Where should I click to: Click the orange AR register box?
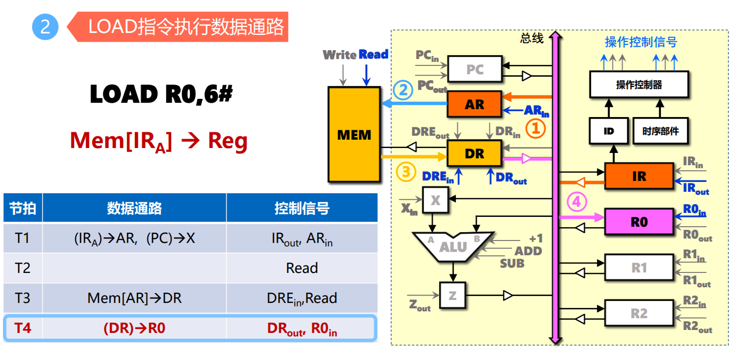pyautogui.click(x=474, y=104)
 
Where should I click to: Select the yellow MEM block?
pyautogui.click(x=354, y=134)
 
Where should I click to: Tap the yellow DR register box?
pyautogui.click(x=474, y=153)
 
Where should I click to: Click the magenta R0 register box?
pyautogui.click(x=639, y=222)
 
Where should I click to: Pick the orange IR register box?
pyautogui.click(x=639, y=176)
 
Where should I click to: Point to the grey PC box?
pyautogui.click(x=474, y=69)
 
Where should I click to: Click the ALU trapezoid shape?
pyautogui.click(x=453, y=246)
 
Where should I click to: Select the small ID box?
pyautogui.click(x=609, y=131)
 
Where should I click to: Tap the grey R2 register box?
pyautogui.click(x=639, y=313)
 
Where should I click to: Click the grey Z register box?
pyautogui.click(x=452, y=295)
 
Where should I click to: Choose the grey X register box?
pyautogui.click(x=435, y=200)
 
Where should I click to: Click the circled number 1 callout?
pyautogui.click(x=535, y=129)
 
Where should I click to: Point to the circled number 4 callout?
pyautogui.click(x=577, y=202)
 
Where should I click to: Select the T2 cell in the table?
pyautogui.click(x=23, y=268)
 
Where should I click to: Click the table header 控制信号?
pyautogui.click(x=301, y=208)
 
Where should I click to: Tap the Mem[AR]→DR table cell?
pyautogui.click(x=134, y=298)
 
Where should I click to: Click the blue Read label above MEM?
pyautogui.click(x=373, y=55)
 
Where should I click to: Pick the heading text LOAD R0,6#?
pyautogui.click(x=160, y=94)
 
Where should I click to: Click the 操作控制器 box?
pyautogui.click(x=639, y=85)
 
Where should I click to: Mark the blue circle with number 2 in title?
pyautogui.click(x=45, y=27)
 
